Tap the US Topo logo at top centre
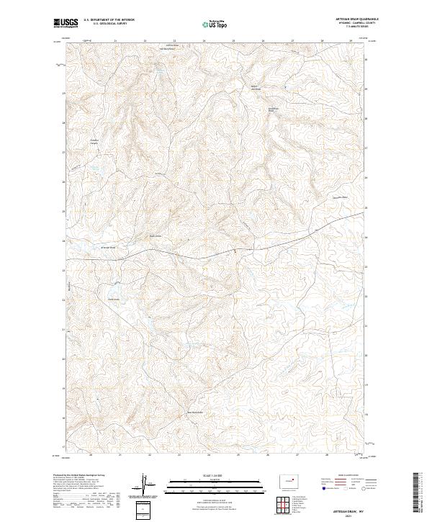tap(216, 24)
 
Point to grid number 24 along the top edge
tap(204, 41)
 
